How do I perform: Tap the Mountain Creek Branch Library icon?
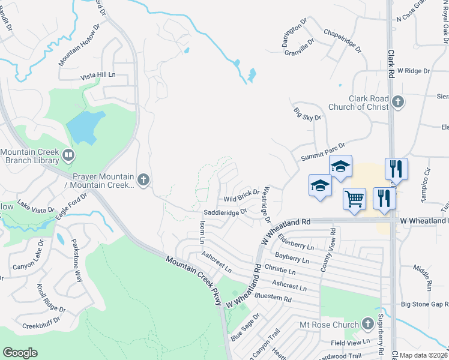click(68, 156)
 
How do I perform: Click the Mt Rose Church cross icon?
click(368, 325)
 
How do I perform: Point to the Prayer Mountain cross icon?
click(143, 179)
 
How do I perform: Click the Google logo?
click(20, 353)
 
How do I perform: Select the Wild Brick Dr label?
click(241, 196)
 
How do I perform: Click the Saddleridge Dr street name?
click(225, 212)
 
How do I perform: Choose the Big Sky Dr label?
click(307, 113)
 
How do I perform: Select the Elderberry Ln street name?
click(296, 242)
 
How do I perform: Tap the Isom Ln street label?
click(202, 232)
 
